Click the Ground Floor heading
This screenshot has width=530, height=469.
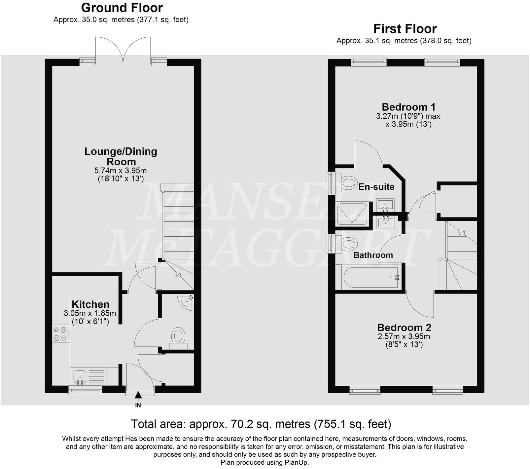(122, 8)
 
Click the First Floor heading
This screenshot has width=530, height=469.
(405, 29)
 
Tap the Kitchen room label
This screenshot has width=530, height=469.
(90, 304)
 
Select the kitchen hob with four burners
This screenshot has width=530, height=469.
(61, 333)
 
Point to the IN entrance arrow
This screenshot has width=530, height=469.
(138, 395)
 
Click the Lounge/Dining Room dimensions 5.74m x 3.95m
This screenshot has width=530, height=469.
(121, 171)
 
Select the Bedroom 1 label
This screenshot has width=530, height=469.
(408, 107)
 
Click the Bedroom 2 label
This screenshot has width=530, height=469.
(404, 328)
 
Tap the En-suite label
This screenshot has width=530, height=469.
(376, 187)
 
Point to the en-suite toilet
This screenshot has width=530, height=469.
(348, 182)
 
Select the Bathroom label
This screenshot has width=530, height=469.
(373, 255)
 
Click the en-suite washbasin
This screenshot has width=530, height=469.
(385, 205)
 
